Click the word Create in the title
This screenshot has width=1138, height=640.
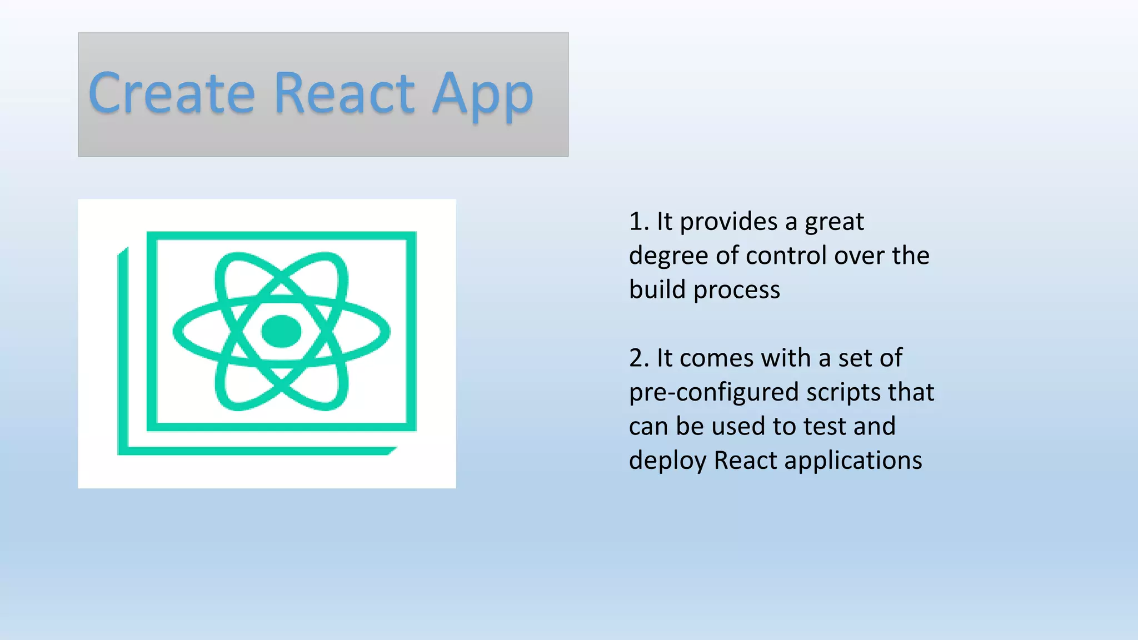tap(171, 93)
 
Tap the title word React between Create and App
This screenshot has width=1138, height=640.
tap(344, 93)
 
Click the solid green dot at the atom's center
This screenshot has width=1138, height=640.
tap(281, 331)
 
